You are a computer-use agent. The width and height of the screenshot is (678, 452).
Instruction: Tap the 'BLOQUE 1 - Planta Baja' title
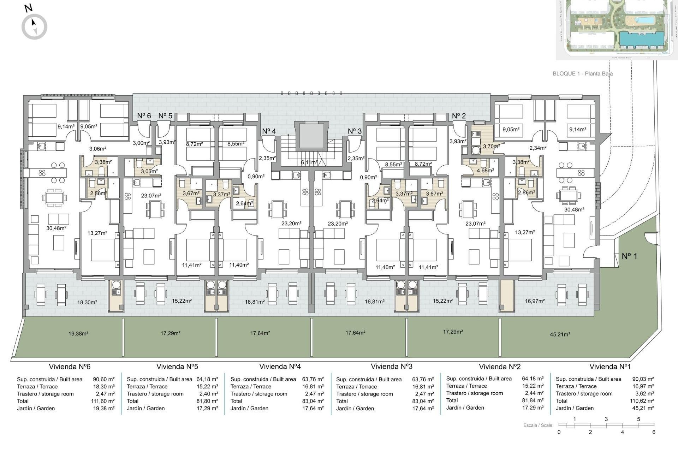[583, 74]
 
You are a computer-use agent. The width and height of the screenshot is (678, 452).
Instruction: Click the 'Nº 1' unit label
[629, 256]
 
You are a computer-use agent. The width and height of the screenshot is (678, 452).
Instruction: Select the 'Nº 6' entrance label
[144, 116]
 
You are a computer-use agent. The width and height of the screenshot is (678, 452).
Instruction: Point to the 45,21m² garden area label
[560, 334]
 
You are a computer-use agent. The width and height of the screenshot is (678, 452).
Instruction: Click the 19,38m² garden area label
[78, 333]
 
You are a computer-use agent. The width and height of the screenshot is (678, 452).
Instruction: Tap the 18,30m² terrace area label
[87, 302]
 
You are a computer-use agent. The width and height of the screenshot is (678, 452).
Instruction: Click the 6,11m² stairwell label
[309, 162]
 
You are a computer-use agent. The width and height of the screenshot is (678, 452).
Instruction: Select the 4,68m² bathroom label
[485, 170]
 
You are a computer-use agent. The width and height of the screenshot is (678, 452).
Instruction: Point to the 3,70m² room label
[491, 146]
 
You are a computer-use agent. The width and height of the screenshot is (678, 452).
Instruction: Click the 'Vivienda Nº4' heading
[280, 367]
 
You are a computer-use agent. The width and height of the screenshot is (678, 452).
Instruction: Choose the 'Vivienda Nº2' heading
[500, 367]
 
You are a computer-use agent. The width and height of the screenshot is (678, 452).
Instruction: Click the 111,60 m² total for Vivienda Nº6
[103, 401]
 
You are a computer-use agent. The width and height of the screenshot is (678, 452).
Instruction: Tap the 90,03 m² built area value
[643, 379]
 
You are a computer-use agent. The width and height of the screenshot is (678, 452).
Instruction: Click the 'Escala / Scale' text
[537, 425]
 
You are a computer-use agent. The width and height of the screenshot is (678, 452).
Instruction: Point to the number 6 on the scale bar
[654, 432]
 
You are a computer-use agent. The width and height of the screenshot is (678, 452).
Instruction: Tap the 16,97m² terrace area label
[535, 301]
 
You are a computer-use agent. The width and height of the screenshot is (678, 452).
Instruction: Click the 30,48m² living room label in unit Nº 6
[56, 228]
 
